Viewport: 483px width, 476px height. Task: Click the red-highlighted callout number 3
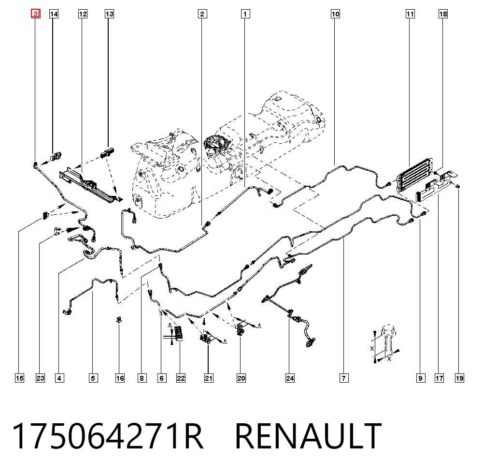click(x=36, y=14)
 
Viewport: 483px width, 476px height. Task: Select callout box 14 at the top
click(x=54, y=14)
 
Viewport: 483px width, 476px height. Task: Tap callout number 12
click(x=83, y=14)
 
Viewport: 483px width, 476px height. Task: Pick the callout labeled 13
click(x=109, y=14)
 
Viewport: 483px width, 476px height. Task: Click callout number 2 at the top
click(x=202, y=14)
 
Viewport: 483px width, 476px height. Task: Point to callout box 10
click(x=335, y=14)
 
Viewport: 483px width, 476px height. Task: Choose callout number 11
click(x=410, y=14)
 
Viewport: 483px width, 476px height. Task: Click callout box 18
click(x=443, y=14)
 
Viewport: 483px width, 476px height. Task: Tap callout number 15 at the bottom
click(x=19, y=378)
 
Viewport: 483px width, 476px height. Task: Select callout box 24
click(x=290, y=378)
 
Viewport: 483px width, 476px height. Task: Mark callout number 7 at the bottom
click(x=344, y=378)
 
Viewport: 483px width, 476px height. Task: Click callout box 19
click(x=459, y=378)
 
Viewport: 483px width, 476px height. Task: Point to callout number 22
click(x=181, y=378)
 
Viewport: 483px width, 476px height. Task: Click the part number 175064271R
click(x=108, y=435)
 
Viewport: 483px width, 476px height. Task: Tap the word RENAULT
click(x=308, y=435)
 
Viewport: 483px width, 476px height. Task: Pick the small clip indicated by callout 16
click(x=119, y=319)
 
